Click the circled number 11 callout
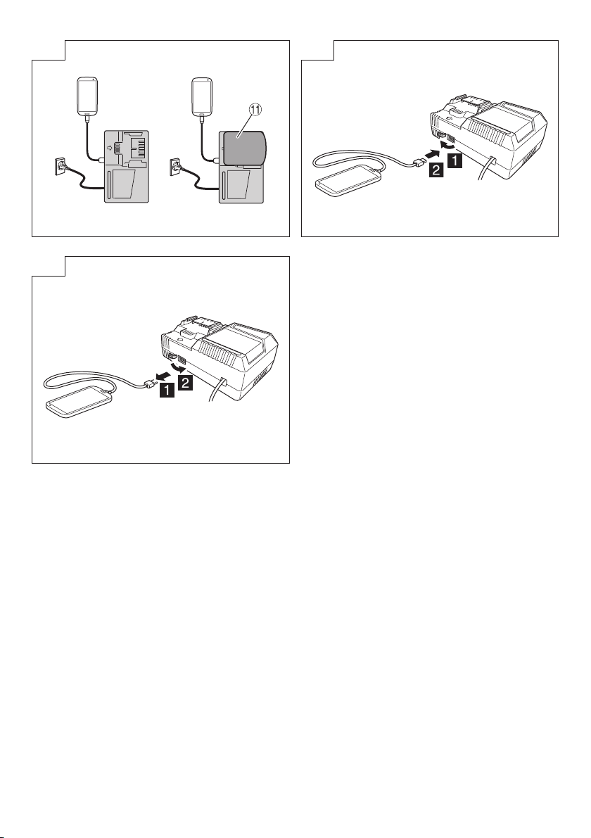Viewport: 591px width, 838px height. (x=255, y=110)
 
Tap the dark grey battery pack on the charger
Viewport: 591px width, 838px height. (x=244, y=148)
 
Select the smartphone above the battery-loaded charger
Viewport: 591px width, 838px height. (x=202, y=97)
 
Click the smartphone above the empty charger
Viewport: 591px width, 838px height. (x=87, y=96)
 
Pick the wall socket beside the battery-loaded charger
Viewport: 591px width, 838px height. (x=175, y=165)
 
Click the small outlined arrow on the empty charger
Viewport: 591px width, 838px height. (x=110, y=148)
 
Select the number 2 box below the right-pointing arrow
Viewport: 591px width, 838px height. (x=436, y=170)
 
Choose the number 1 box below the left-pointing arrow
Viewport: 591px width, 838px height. (x=167, y=390)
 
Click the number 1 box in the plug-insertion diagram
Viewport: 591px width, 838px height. (x=455, y=160)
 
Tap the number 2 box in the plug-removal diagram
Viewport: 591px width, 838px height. (x=186, y=383)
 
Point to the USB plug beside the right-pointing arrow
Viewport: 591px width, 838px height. (x=418, y=162)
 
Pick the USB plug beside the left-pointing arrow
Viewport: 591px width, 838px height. (x=149, y=381)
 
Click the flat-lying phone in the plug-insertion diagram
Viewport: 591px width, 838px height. (x=349, y=181)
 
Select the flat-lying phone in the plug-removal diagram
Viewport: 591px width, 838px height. (x=80, y=401)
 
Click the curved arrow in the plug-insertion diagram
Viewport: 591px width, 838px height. (x=446, y=143)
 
